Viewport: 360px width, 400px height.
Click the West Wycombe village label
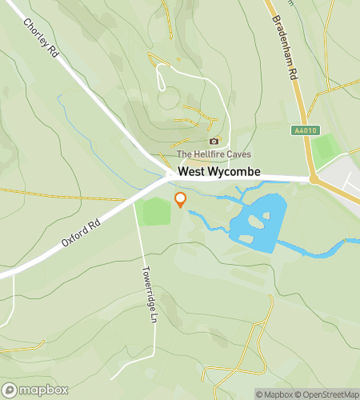click(214, 171)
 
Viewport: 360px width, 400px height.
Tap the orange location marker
click(180, 199)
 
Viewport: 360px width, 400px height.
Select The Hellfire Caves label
click(214, 154)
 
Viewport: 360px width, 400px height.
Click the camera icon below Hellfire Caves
click(213, 141)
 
